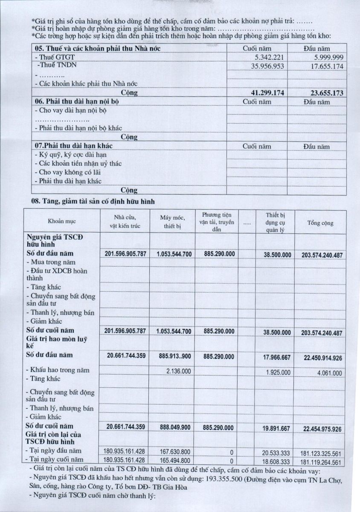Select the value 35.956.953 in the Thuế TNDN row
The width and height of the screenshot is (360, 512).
tap(269, 66)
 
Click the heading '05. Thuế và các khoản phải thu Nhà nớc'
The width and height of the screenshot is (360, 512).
tap(98, 48)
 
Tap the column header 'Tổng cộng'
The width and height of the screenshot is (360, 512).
tap(320, 223)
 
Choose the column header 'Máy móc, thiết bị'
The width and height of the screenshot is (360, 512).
tap(172, 222)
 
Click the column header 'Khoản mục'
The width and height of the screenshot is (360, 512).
tap(61, 222)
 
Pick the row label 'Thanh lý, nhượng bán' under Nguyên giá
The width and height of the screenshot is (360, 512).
tap(60, 313)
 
